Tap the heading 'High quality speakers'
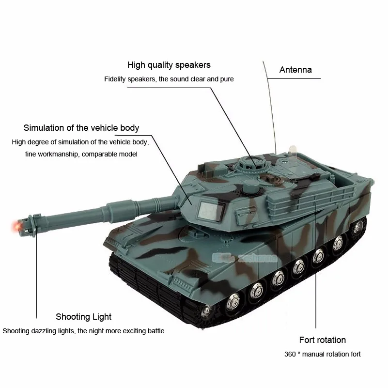(169, 65)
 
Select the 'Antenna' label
(295, 70)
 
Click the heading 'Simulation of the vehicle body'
(81, 128)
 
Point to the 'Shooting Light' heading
(83, 317)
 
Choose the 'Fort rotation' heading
(323, 340)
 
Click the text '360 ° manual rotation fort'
(323, 354)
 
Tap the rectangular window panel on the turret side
(210, 211)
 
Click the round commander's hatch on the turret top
(252, 163)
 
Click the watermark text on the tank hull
(245, 258)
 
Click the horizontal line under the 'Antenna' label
(294, 78)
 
